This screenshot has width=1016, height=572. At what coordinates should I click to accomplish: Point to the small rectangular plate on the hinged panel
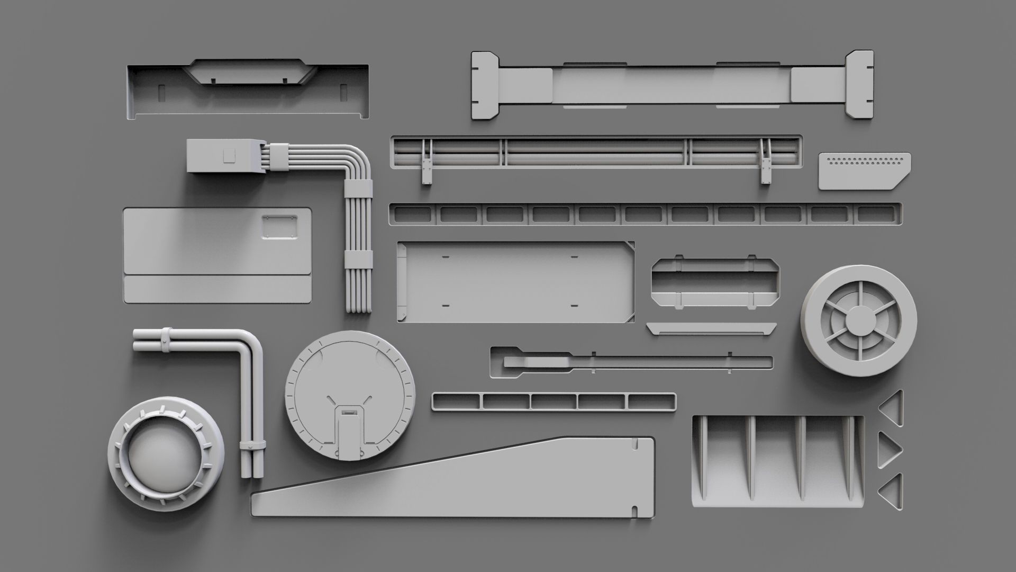pyautogui.click(x=279, y=227)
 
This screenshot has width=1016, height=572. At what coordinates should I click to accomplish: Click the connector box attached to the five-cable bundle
pyautogui.click(x=225, y=156)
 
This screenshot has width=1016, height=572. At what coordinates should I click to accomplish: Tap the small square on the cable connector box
pyautogui.click(x=229, y=155)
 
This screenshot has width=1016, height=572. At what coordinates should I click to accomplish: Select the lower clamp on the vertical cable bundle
pyautogui.click(x=358, y=259)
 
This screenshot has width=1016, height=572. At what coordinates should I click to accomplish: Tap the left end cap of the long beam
pyautogui.click(x=484, y=85)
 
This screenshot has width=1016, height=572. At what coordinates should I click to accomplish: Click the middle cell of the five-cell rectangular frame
pyautogui.click(x=554, y=402)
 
